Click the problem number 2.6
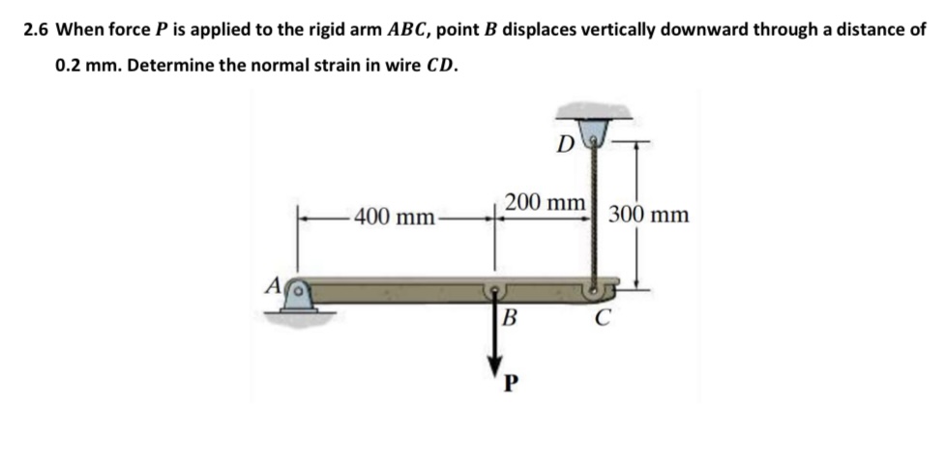tap(36, 29)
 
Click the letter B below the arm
tap(510, 316)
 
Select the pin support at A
tap(301, 296)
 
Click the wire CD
tap(590, 213)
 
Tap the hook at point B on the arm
tap(496, 289)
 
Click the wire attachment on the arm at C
tap(593, 287)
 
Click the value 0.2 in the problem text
tap(69, 69)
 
